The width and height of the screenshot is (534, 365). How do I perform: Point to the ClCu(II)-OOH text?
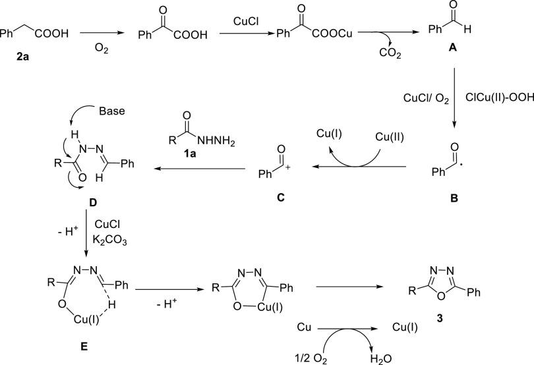[494, 99]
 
